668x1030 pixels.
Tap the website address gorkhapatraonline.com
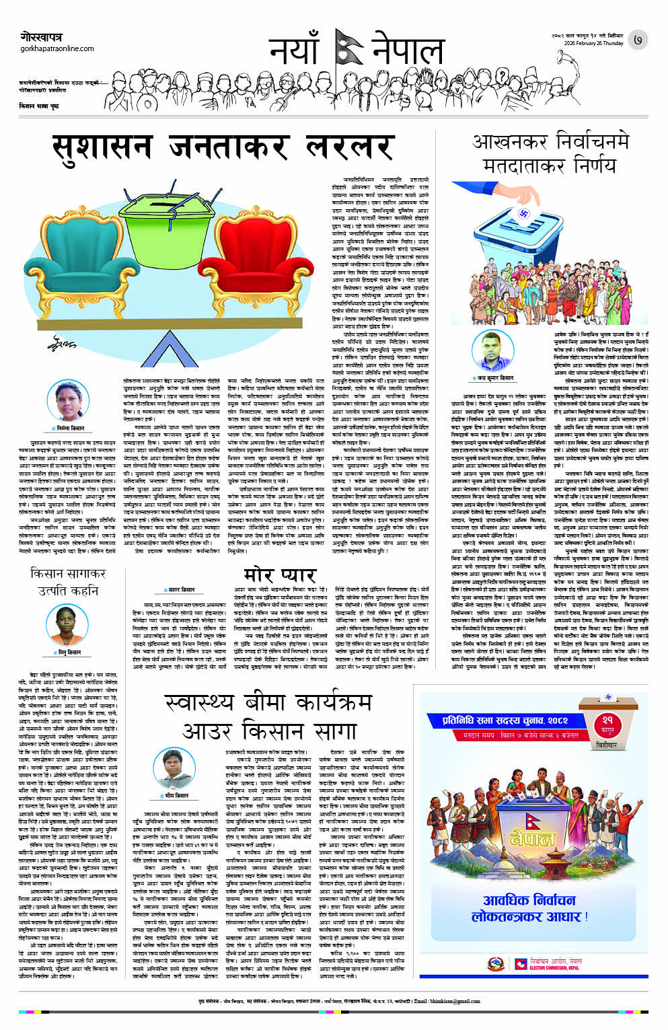57,48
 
